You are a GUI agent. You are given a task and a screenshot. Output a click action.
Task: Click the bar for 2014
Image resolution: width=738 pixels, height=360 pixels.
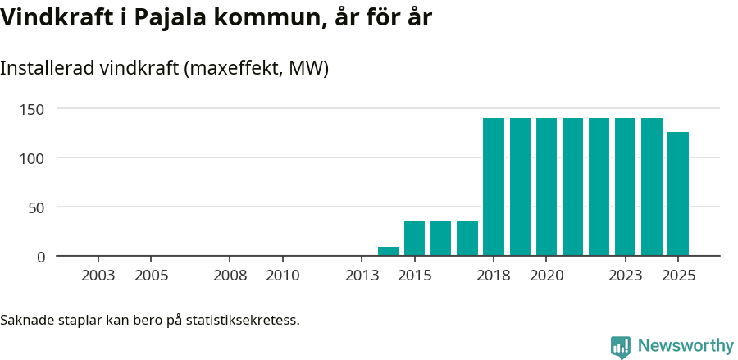click(388, 251)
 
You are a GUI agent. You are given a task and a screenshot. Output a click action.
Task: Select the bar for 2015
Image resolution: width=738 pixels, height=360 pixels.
click(414, 238)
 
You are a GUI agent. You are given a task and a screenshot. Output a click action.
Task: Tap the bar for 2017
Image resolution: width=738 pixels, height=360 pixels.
click(467, 238)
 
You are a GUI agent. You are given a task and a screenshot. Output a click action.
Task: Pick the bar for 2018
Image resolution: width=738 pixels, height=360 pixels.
click(494, 187)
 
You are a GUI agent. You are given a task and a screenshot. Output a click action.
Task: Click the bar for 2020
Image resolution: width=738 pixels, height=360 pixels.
click(546, 187)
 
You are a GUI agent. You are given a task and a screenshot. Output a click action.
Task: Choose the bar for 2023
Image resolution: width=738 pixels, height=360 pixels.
click(625, 187)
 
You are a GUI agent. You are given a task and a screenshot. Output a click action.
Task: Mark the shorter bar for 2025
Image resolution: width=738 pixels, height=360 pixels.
click(678, 194)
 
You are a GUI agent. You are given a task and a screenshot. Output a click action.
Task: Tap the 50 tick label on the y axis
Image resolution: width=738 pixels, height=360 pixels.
click(37, 207)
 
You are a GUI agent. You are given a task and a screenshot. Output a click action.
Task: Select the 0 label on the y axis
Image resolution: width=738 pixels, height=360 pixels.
click(41, 257)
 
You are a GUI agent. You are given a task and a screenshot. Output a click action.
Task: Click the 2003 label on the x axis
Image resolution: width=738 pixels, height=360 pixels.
click(98, 276)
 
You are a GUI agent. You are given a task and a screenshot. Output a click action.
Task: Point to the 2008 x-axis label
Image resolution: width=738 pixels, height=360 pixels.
click(230, 276)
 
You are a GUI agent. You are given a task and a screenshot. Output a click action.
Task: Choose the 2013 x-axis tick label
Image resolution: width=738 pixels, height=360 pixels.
click(362, 276)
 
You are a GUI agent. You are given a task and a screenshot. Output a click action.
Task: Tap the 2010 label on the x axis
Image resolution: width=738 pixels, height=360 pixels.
click(283, 276)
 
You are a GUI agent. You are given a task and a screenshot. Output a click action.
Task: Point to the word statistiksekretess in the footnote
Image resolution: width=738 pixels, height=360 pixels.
click(243, 319)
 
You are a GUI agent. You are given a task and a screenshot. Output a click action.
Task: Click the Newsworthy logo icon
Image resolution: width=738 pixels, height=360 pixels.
click(621, 347)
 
